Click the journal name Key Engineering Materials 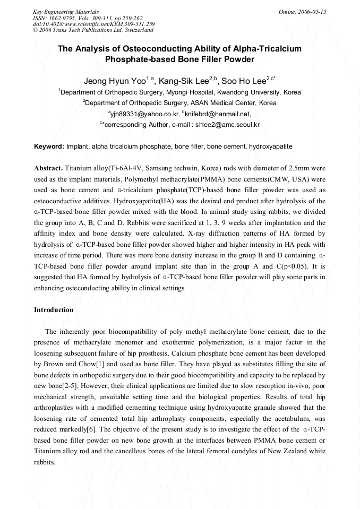66,12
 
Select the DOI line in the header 94,24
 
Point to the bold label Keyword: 49,146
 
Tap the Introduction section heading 54,310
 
